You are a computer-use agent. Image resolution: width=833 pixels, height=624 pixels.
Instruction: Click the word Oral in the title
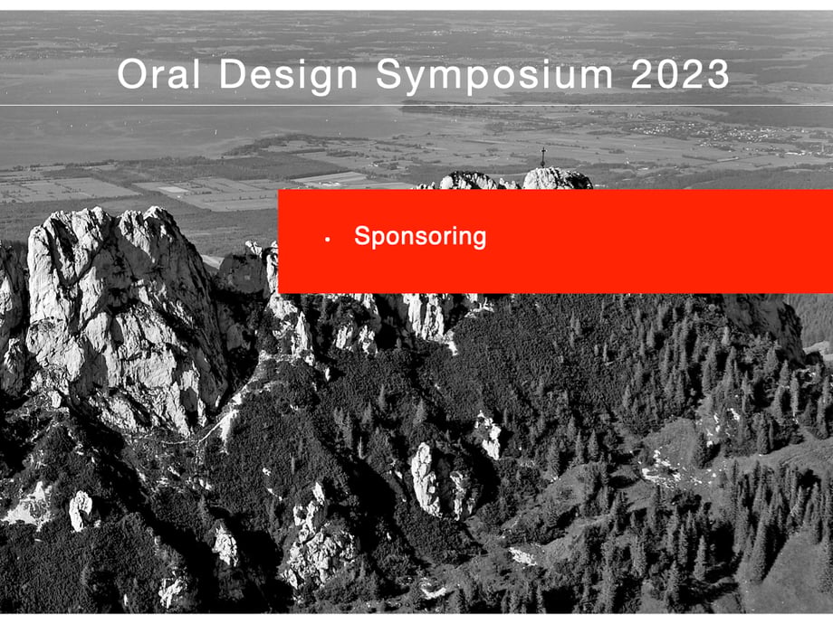tap(158, 74)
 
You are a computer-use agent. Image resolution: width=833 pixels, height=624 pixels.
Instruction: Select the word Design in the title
tap(288, 76)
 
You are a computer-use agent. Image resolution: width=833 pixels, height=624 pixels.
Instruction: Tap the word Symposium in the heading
tap(494, 76)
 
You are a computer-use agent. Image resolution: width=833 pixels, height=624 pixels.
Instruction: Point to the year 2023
tap(680, 74)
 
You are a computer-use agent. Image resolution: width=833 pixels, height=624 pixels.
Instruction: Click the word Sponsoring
tap(420, 237)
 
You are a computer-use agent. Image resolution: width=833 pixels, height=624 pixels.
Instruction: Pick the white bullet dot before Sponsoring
tap(327, 240)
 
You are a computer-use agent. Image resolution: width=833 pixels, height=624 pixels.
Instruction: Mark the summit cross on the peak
tap(543, 157)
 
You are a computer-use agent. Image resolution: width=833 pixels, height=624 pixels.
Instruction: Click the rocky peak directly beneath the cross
tap(557, 179)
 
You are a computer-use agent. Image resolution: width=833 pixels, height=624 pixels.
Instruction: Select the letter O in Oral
tap(133, 74)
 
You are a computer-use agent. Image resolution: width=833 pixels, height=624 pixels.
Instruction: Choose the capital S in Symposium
tap(389, 74)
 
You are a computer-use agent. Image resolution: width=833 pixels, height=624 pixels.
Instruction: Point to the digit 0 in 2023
tap(667, 74)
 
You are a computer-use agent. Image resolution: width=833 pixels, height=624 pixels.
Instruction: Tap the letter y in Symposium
tap(416, 80)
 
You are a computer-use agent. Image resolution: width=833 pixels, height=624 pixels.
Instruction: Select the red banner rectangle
tap(556, 241)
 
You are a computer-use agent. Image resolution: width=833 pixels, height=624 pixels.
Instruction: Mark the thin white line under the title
tap(416, 106)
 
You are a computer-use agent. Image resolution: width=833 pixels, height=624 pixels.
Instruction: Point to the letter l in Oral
tap(197, 74)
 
